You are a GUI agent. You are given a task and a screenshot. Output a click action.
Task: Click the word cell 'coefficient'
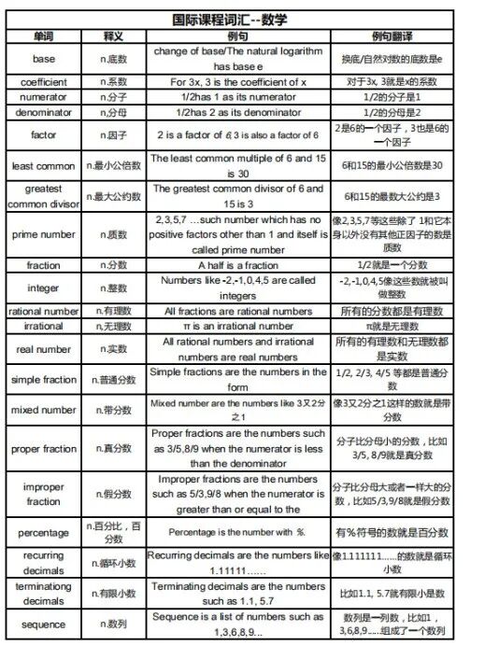(44, 82)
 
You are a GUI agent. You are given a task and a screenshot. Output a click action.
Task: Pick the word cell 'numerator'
(44, 97)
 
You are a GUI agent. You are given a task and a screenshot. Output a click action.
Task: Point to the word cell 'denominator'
(44, 112)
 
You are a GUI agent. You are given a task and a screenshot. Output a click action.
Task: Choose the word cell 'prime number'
(44, 234)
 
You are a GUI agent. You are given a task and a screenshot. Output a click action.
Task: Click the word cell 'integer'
(44, 287)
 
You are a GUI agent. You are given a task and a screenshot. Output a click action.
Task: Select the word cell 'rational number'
(44, 311)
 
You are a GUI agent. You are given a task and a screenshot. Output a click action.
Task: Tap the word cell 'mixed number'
(44, 410)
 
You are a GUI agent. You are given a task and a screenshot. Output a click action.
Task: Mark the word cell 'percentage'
(44, 532)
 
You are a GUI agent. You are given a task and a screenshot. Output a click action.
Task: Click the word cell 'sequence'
(44, 624)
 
